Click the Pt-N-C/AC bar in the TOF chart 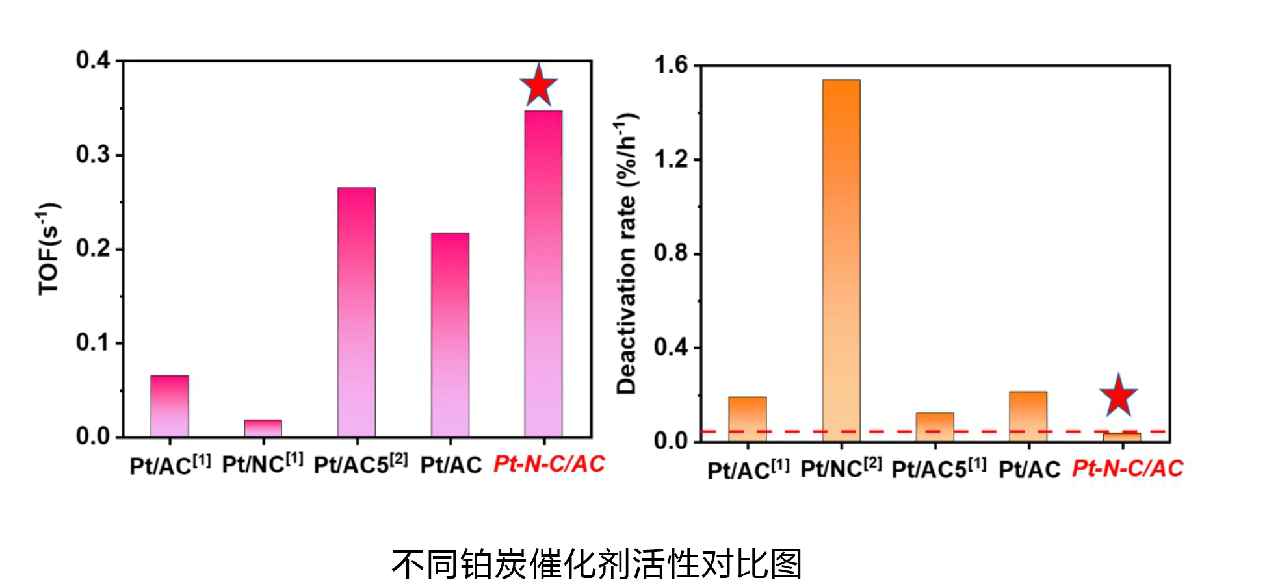click(543, 273)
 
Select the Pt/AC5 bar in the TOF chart click(356, 312)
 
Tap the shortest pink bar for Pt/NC click(263, 429)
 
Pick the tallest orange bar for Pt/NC click(841, 260)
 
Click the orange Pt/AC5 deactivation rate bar click(935, 427)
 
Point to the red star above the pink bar click(538, 86)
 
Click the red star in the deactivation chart click(1118, 396)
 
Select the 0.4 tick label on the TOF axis click(94, 60)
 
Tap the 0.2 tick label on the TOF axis click(94, 249)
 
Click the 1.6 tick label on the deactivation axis click(671, 65)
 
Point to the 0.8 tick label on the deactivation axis click(671, 253)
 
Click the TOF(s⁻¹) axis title click(49, 249)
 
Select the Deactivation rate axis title click(627, 253)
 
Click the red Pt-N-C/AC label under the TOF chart click(549, 464)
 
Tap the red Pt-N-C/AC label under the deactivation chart click(1127, 468)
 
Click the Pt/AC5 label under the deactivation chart click(938, 468)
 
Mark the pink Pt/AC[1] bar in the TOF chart click(170, 406)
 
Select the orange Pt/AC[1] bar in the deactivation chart click(747, 419)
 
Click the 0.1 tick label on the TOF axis click(94, 342)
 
